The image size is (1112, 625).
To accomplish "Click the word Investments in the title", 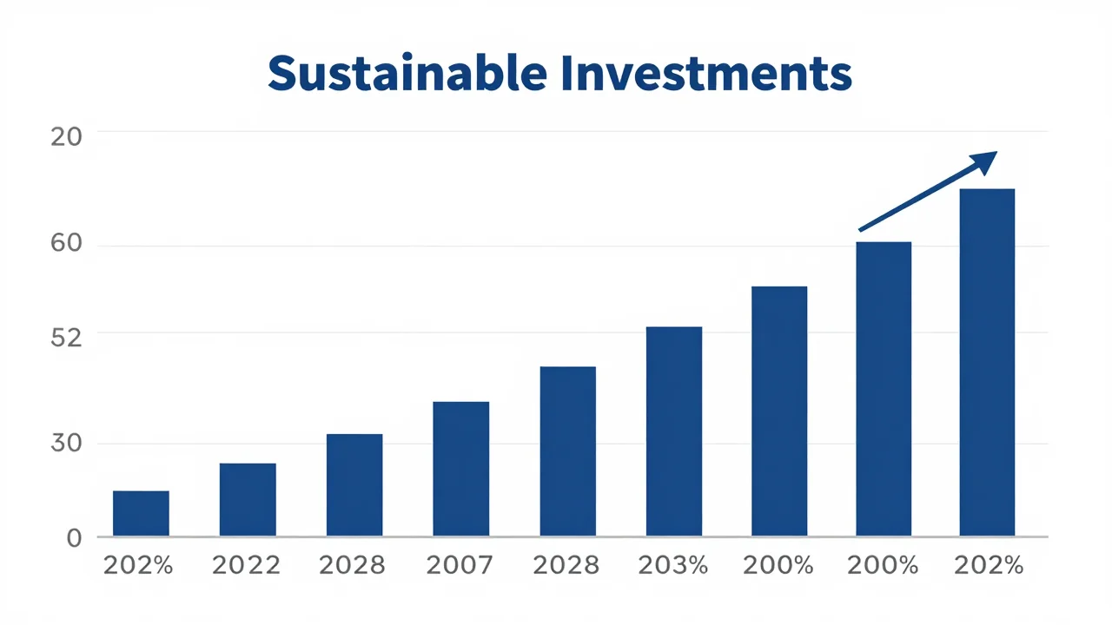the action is (x=707, y=73).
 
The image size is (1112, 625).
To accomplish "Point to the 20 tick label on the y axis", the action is (x=66, y=137).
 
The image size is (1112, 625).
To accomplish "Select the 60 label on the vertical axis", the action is (x=66, y=243).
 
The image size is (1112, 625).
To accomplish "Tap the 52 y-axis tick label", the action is (x=66, y=339).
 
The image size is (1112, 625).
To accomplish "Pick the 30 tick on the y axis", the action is (x=66, y=443).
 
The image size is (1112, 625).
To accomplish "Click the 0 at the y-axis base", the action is (x=74, y=538).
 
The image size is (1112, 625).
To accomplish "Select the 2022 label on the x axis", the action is (x=246, y=565).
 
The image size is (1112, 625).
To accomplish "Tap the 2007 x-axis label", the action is (x=460, y=565).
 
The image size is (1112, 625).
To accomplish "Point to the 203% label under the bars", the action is (x=673, y=565).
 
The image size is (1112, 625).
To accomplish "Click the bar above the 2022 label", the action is (x=248, y=499).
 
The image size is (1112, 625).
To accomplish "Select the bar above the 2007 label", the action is (x=460, y=469).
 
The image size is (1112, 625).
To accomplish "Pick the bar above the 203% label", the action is (x=674, y=431).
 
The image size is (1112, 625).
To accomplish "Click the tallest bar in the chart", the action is (x=987, y=362).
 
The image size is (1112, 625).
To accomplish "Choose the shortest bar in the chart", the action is (x=141, y=513).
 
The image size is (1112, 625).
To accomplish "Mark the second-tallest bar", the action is (x=884, y=389).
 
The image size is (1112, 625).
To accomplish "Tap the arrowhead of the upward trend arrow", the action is (x=984, y=162).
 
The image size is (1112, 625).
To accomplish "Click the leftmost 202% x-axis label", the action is (x=138, y=565).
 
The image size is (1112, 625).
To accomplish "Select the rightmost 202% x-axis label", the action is (x=989, y=565).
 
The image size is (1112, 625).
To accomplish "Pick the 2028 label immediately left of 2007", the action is (x=352, y=565).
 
